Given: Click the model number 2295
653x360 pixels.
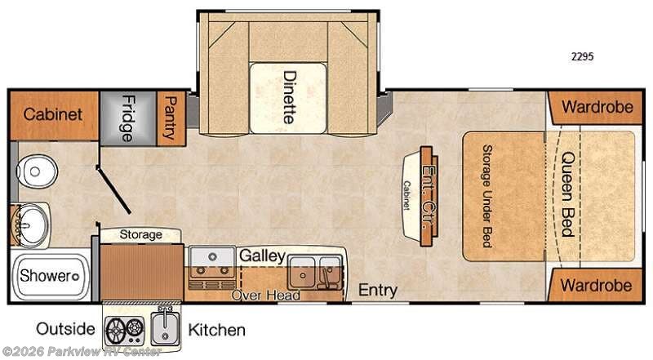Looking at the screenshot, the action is [x=582, y=56].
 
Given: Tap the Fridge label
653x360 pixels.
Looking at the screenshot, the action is [x=128, y=118].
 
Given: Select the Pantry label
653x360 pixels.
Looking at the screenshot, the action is [x=171, y=118].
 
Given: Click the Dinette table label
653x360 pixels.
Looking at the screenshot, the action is [x=289, y=97].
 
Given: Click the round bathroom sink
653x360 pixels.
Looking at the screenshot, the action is [x=31, y=225].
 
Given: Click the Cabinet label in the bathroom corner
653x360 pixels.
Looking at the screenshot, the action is [x=53, y=114].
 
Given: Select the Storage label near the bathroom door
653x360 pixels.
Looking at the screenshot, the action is [x=140, y=234].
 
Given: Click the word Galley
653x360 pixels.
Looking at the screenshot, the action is [x=263, y=256].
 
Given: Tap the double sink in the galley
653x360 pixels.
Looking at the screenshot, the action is [x=315, y=273].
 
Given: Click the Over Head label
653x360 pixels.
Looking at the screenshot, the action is [x=266, y=296].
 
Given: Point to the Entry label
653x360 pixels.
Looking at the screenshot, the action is [x=378, y=290].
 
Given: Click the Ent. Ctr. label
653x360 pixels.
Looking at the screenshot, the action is [x=429, y=197].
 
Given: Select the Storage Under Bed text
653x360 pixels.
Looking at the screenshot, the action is [x=487, y=196].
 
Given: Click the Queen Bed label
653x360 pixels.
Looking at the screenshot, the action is [x=568, y=194].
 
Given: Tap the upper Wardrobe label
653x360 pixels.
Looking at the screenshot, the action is [x=597, y=107].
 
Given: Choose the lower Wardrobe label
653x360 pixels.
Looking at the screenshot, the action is [x=596, y=286].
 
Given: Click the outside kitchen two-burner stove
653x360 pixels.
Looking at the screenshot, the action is [x=124, y=330].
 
